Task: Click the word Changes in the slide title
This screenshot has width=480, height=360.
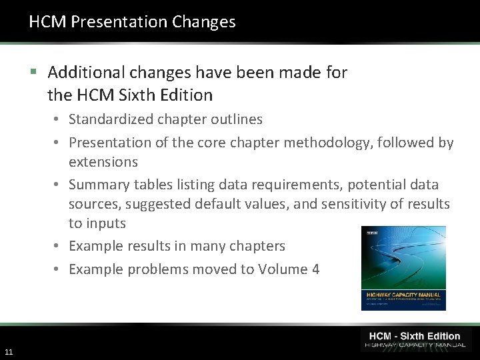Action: pos(203,22)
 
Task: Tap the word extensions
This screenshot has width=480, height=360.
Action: pos(103,162)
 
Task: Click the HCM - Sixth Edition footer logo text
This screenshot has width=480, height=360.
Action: pos(415,336)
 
